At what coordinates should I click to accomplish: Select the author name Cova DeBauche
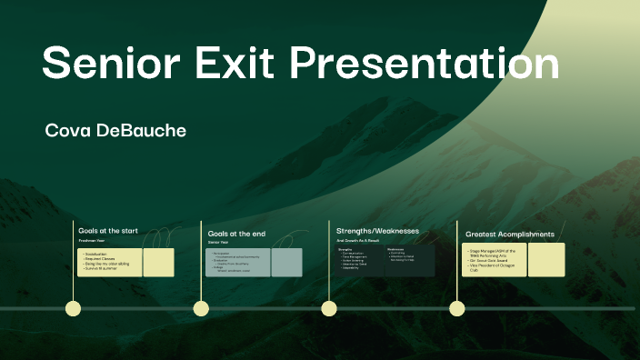pos(115,131)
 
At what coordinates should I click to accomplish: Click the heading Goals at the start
pos(108,231)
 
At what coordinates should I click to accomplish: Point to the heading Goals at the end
pos(236,234)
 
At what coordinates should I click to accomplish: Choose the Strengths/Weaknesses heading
pos(377,231)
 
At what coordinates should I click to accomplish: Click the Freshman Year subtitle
pos(93,240)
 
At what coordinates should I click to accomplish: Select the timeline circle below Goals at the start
pos(74,309)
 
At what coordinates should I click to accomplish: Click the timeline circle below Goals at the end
pos(201,309)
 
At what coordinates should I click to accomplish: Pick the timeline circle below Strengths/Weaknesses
pos(329,309)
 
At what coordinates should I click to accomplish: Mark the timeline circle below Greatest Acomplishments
pos(457,309)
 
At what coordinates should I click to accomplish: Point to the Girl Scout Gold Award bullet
pos(492,260)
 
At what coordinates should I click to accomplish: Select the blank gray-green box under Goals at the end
pos(286,263)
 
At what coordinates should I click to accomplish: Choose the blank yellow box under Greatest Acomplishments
pos(546,260)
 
